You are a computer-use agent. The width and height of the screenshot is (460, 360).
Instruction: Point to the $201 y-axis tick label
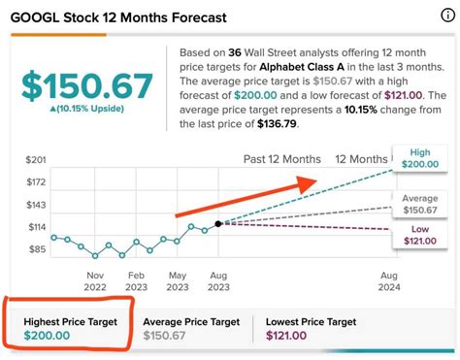[x=35, y=159]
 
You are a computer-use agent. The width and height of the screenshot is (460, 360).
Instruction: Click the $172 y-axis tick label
[x=35, y=182]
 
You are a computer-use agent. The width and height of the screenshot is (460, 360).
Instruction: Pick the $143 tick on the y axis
[x=35, y=206]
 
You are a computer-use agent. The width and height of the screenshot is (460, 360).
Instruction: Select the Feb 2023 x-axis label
[x=136, y=281]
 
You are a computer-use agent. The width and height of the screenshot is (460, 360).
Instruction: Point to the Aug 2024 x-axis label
[x=387, y=281]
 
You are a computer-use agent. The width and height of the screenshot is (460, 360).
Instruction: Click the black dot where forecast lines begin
[x=218, y=223]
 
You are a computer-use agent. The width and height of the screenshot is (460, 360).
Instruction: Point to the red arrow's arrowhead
[x=311, y=181]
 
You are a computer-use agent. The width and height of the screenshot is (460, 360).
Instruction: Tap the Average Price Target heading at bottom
[x=191, y=321]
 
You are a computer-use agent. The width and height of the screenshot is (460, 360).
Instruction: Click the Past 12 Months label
[x=281, y=159]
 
